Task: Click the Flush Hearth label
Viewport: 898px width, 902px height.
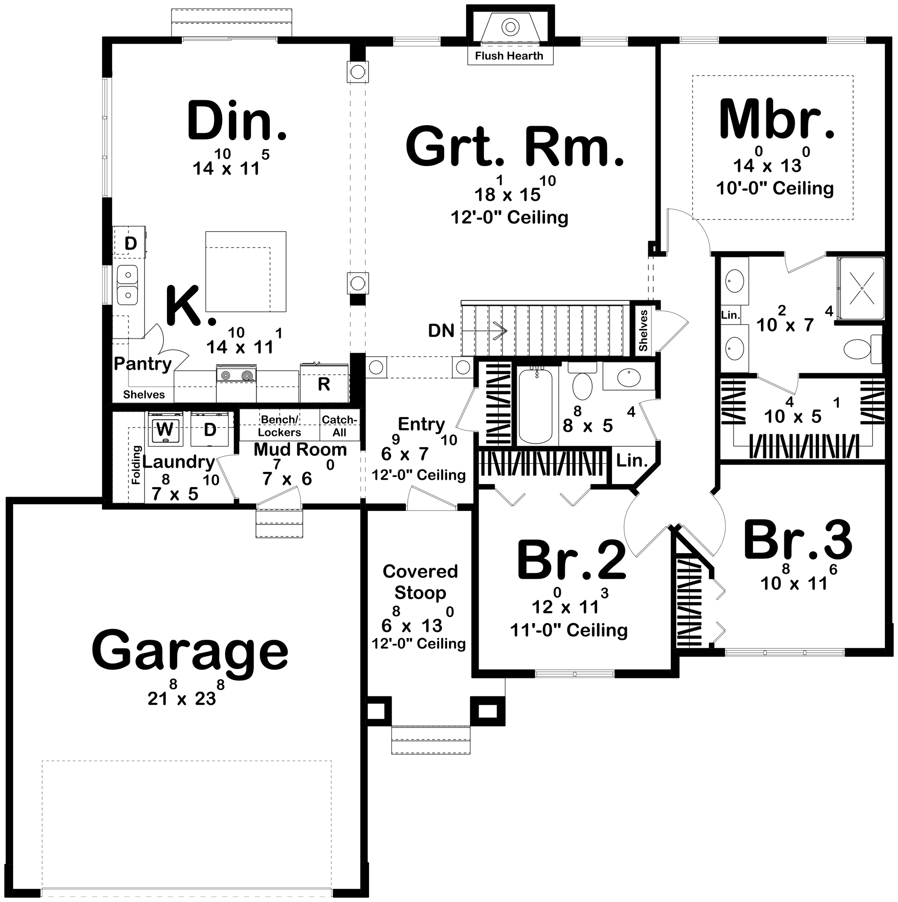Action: (x=509, y=56)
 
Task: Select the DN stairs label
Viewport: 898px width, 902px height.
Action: (x=441, y=331)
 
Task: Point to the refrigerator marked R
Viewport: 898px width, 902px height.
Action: (x=324, y=383)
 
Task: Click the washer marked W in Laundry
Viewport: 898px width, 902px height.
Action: (x=164, y=429)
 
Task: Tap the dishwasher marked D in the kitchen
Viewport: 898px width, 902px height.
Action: (x=131, y=243)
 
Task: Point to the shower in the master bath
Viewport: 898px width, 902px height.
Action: (x=861, y=288)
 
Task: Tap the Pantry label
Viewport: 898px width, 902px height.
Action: (x=142, y=363)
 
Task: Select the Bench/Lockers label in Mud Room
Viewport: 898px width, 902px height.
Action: (x=279, y=425)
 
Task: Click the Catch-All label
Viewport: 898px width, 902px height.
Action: (x=339, y=425)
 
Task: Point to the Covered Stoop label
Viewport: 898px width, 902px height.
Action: (x=420, y=582)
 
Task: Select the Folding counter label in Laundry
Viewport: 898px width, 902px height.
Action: (x=136, y=465)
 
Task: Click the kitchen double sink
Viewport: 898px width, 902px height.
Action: (x=127, y=285)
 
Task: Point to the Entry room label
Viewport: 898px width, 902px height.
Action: (x=421, y=424)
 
